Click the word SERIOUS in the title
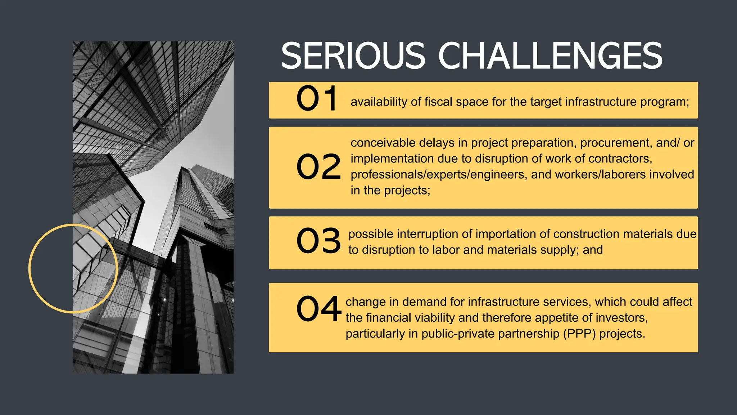pos(353,56)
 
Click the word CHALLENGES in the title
pos(550,56)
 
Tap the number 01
pos(317,98)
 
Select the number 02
pos(318,166)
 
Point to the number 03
pos(318,241)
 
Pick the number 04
pos(318,309)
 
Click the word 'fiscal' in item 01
pos(438,102)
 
